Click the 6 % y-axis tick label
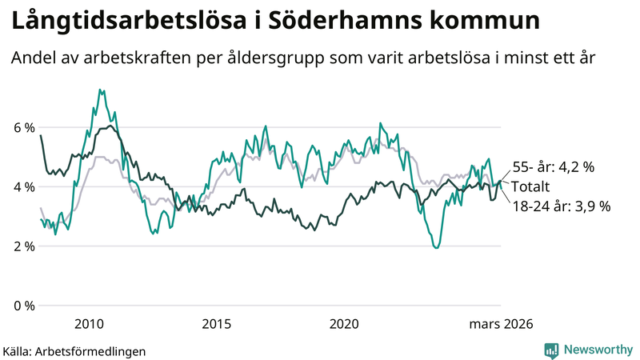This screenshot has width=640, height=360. tap(22, 128)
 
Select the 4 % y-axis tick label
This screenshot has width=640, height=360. tap(22, 187)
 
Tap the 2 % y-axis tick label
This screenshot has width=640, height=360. tap(22, 246)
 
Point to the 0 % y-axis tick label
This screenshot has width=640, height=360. tap(22, 306)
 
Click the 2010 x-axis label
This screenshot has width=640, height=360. tap(89, 324)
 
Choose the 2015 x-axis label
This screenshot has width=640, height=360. tap(217, 324)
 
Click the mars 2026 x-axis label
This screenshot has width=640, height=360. tap(500, 324)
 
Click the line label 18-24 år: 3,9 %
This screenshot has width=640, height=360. tap(561, 206)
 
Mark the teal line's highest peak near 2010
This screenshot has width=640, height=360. tap(100, 90)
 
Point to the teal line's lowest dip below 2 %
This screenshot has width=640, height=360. tap(436, 247)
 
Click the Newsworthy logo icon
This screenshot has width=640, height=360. tap(551, 350)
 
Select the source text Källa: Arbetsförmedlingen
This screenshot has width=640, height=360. tap(74, 350)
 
